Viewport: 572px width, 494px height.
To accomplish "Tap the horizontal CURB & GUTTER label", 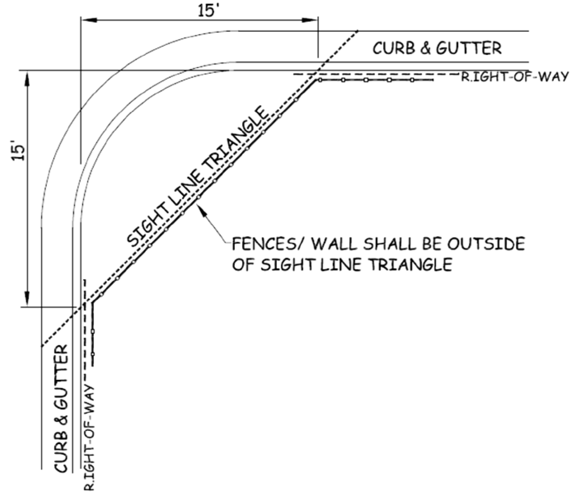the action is point(437,48).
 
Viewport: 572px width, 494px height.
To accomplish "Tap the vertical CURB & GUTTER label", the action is point(61,408).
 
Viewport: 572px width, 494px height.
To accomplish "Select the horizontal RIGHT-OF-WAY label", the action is point(514,76).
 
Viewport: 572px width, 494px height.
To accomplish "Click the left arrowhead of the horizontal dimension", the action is point(88,20).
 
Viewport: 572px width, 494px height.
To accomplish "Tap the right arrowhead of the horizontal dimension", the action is point(310,20).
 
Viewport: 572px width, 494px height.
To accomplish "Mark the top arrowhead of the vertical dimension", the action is point(27,79).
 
